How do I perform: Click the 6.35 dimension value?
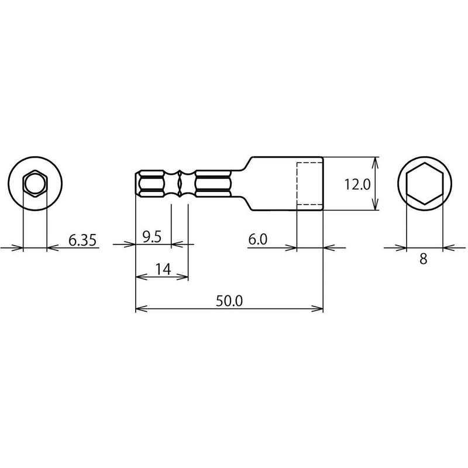(82, 240)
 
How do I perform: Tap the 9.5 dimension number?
(152, 237)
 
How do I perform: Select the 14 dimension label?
(163, 270)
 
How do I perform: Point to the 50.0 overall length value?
(229, 301)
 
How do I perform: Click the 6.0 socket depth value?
(258, 239)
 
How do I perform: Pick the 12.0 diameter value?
(357, 184)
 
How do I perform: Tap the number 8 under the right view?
(423, 259)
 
